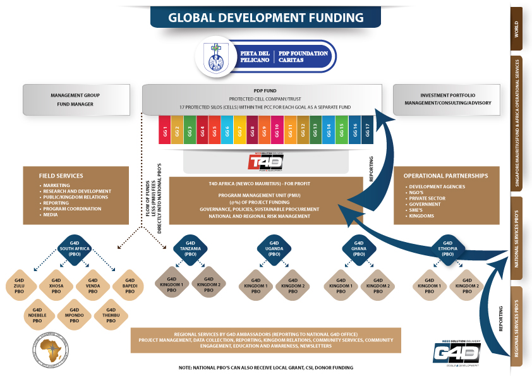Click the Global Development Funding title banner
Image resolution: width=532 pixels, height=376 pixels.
pyautogui.click(x=265, y=17)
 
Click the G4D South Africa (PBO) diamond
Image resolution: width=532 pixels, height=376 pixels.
pyautogui.click(x=75, y=247)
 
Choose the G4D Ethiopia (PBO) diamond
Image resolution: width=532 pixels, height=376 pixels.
pyautogui.click(x=447, y=247)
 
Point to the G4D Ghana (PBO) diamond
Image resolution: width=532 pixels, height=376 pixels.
pyautogui.click(x=359, y=247)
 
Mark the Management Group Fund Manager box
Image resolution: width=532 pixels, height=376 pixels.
pyautogui.click(x=75, y=100)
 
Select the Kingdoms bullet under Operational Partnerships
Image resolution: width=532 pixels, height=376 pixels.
pyautogui.click(x=423, y=216)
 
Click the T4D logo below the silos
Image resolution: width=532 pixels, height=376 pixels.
pyautogui.click(x=266, y=162)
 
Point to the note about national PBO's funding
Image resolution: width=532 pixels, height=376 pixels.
pyautogui.click(x=265, y=367)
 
